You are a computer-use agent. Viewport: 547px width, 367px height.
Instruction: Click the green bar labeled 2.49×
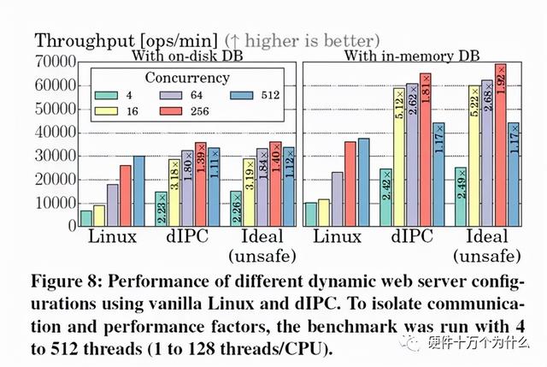point(461,198)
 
